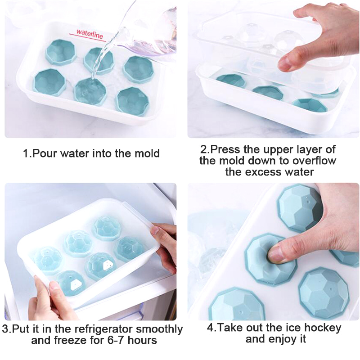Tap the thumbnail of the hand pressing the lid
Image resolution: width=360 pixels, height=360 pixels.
click(x=273, y=71)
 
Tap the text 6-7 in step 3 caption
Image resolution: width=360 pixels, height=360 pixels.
click(x=116, y=340)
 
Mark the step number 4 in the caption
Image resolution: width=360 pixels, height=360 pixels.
click(x=210, y=328)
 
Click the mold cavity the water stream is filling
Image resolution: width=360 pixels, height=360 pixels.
click(x=90, y=91)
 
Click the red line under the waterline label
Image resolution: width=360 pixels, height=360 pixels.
click(x=87, y=38)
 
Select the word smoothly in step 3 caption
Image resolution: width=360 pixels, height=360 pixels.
click(x=159, y=329)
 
